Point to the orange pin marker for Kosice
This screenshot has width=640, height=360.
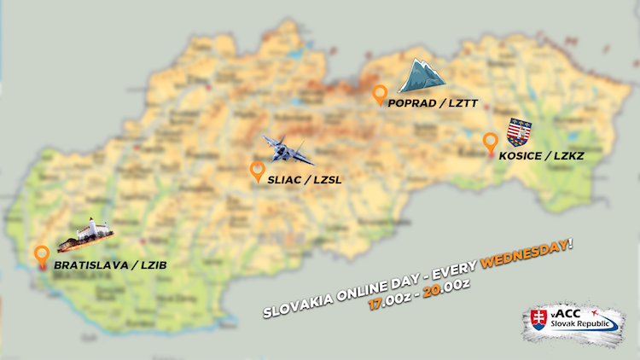pos(490,142)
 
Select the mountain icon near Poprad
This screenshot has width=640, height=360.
pos(422,76)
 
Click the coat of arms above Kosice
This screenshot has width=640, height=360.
pos(519,131)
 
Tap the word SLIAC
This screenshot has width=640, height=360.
pos(286,179)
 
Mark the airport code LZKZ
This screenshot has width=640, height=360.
pos(577,156)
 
